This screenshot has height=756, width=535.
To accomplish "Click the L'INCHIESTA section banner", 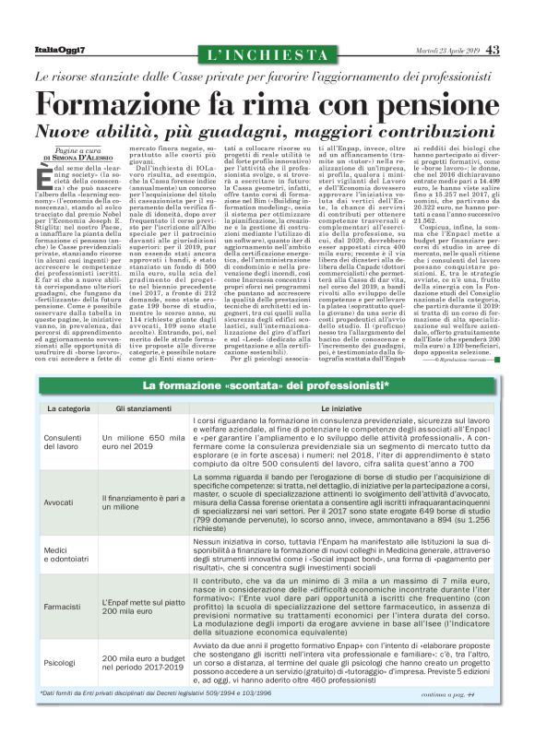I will [267, 56].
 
